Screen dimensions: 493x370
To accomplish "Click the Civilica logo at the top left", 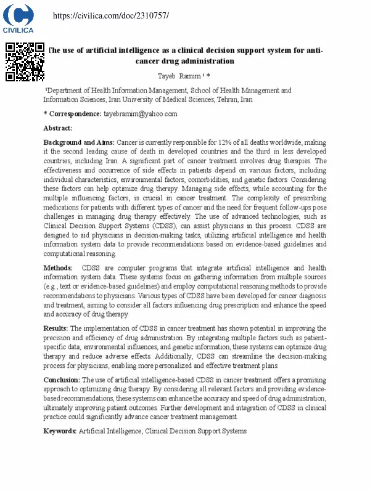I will pos(18,18).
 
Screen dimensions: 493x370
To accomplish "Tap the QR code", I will pos(25,62).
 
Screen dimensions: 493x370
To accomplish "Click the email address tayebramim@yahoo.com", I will pos(140,114).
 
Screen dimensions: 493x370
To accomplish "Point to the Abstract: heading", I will pos(57,128).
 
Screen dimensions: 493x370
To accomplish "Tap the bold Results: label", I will pos(56,328).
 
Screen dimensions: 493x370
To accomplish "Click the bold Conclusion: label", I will pos(62,380).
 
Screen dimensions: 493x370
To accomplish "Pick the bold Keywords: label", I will pos(60,431).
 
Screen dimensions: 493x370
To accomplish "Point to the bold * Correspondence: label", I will pos(72,114).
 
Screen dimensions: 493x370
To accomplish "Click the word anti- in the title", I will pos(313,50).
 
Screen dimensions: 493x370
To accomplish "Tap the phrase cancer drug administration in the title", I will pos(185,61).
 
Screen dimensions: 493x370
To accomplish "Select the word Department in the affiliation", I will pos(69,91).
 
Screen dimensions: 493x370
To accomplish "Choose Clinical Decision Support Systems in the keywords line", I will pos(195,431).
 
